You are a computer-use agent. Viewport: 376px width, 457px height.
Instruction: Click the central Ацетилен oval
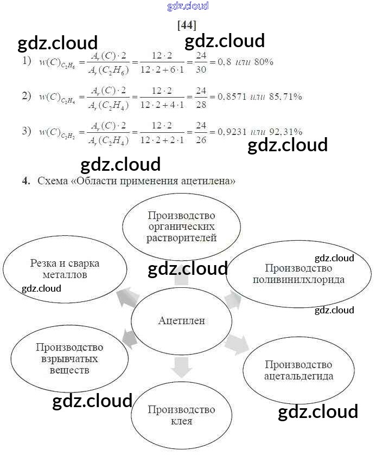(182, 321)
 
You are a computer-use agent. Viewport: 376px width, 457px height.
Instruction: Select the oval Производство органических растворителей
(182, 227)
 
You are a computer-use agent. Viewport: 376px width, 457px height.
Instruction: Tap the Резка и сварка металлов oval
(65, 269)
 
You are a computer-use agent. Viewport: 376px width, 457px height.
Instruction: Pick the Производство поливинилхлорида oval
(298, 274)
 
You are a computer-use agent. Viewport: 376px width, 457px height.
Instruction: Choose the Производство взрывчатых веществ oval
(69, 358)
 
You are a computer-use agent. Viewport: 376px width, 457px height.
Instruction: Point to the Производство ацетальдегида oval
(298, 370)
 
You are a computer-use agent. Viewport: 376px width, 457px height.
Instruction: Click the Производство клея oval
(181, 415)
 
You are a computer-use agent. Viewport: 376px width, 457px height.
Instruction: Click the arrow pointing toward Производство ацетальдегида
(235, 344)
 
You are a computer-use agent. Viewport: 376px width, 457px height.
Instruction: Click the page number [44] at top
(187, 25)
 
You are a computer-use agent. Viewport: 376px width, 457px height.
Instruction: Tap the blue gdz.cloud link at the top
(188, 7)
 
